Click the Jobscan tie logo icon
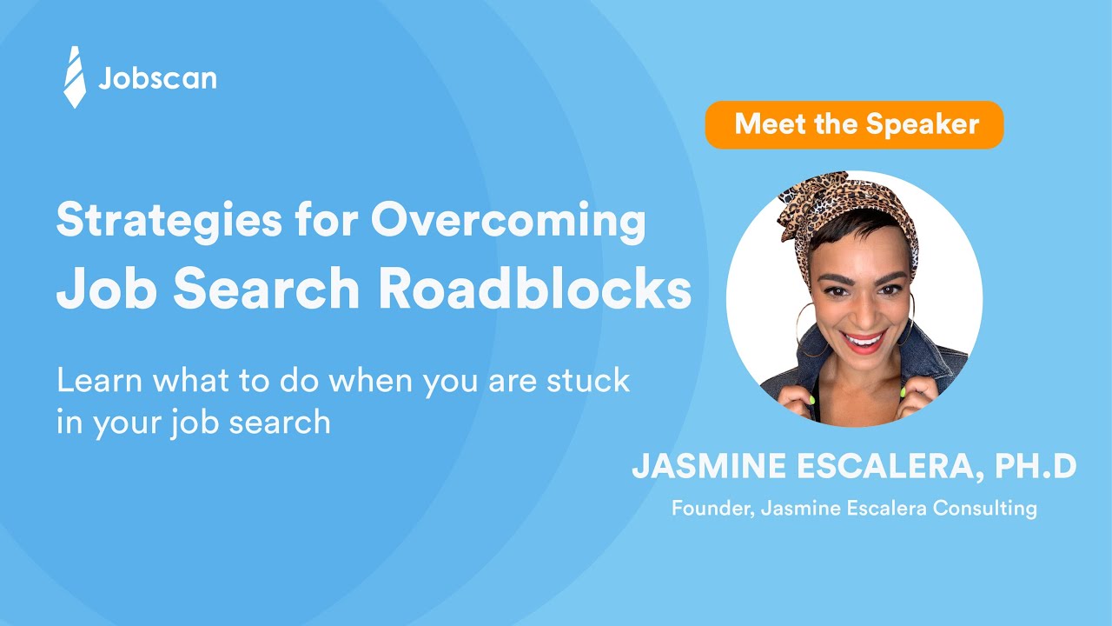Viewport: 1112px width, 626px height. [75, 77]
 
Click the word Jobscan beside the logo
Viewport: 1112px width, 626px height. [157, 79]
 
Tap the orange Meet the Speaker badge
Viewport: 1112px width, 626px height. [854, 124]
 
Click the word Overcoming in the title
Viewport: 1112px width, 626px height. [508, 222]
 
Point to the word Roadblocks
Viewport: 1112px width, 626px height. [535, 291]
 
